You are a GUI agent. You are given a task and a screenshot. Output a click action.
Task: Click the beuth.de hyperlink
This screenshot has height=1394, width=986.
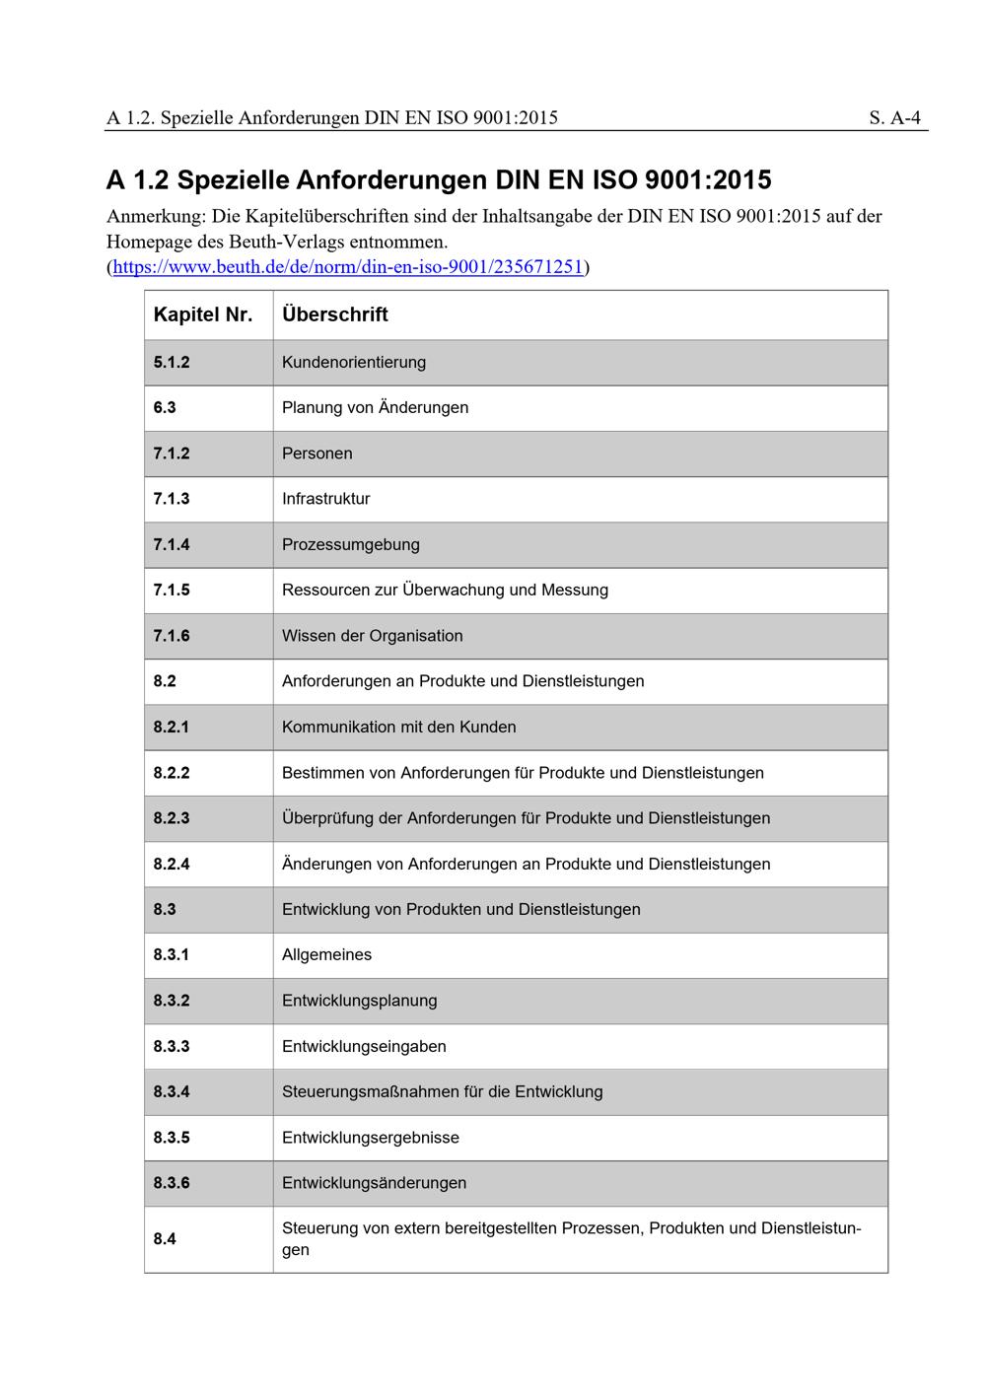click(348, 267)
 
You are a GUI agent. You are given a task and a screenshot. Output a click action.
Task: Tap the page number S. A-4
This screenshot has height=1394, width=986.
click(894, 118)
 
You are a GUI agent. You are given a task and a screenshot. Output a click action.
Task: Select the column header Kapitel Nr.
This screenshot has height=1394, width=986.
click(203, 314)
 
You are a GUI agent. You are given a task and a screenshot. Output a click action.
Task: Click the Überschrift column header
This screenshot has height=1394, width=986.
click(334, 314)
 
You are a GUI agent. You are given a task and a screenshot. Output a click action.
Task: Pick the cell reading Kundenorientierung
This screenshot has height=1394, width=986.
click(354, 362)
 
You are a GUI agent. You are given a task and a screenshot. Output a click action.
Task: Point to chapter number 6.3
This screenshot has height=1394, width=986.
click(165, 407)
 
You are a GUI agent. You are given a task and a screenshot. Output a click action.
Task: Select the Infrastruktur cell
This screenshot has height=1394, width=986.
click(325, 499)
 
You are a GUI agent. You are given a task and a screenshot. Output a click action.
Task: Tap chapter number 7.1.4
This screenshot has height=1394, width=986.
click(172, 544)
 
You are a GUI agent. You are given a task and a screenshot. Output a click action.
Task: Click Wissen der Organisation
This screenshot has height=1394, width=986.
click(372, 636)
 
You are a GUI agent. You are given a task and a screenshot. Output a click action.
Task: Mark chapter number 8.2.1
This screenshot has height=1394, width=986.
click(172, 727)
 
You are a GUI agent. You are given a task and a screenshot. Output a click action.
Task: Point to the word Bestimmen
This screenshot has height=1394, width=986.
click(322, 773)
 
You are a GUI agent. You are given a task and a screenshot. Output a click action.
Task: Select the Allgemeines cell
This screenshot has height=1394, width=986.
click(326, 954)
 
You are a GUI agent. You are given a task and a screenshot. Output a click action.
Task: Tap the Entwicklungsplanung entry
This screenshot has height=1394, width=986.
click(359, 1001)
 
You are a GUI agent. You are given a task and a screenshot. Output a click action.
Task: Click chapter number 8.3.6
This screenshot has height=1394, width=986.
click(172, 1183)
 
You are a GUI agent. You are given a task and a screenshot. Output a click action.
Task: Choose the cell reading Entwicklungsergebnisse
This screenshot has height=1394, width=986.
click(370, 1138)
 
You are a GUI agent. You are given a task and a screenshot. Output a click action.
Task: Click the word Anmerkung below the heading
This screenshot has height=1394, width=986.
click(154, 216)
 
